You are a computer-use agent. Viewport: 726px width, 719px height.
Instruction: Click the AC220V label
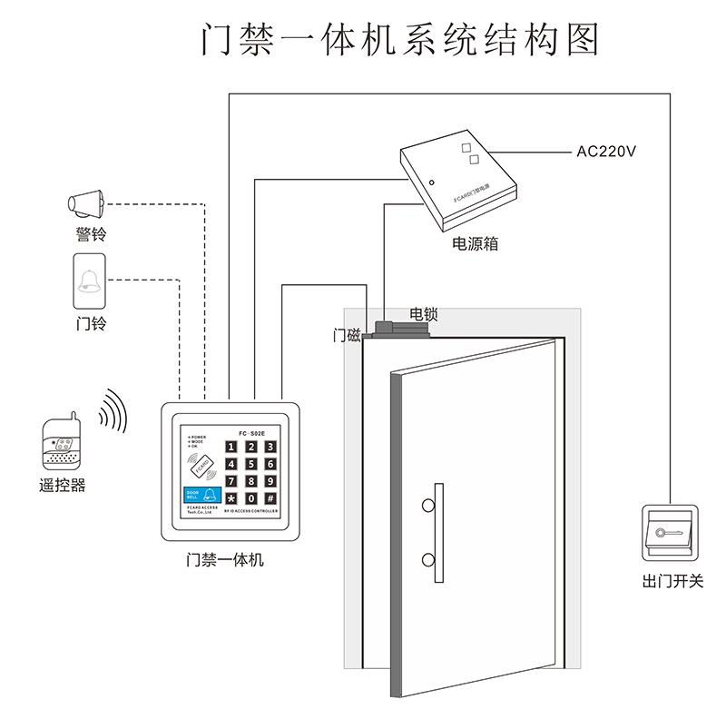pos(606,151)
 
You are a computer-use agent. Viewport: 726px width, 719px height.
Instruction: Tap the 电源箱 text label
pos(476,244)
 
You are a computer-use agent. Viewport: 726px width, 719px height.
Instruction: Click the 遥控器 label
pos(63,486)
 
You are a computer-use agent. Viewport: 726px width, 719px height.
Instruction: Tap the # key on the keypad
pos(270,498)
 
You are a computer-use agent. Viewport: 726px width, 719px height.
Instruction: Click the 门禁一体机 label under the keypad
pos(224,560)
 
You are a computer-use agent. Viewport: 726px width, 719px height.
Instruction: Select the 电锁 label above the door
pos(424,314)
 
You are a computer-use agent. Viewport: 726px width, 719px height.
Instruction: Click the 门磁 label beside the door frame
pos(347,336)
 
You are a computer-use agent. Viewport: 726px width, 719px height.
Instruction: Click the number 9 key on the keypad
pos(270,481)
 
